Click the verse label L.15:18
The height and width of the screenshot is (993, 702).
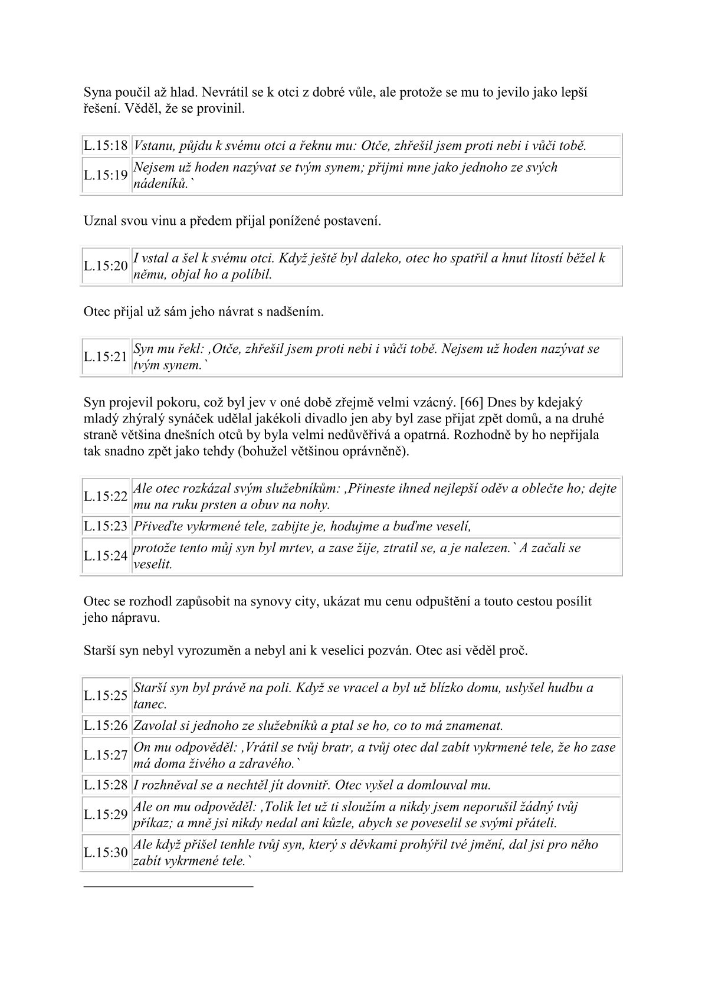point(106,146)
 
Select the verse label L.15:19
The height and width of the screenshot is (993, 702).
point(106,175)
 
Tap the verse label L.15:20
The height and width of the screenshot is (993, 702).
point(106,266)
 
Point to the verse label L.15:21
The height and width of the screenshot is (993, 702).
point(106,357)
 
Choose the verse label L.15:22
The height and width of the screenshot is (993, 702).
point(106,497)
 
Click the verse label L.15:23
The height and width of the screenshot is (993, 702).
point(106,526)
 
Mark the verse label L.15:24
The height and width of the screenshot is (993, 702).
point(106,556)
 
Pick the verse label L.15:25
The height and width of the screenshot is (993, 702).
point(106,696)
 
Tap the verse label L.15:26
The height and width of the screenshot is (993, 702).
point(106,725)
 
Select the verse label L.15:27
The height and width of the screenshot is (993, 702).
point(106,755)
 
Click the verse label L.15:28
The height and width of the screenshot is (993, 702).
point(106,785)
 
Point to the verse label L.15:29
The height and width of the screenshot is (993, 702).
point(106,815)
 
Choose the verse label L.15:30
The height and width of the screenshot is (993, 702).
point(106,853)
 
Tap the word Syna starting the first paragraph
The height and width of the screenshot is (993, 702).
point(97,93)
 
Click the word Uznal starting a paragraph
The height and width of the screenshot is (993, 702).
point(99,222)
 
